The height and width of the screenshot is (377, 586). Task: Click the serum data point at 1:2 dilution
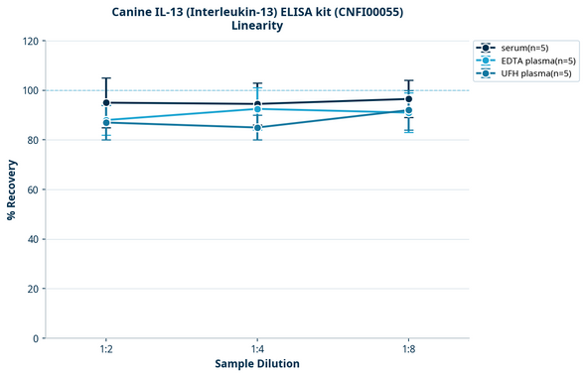coord(106,102)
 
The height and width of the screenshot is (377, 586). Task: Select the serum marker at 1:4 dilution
coord(257,104)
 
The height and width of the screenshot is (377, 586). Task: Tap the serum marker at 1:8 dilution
coord(408,98)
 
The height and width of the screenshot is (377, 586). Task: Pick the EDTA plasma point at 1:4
coord(257,109)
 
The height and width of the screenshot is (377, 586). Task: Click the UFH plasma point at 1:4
coord(257,127)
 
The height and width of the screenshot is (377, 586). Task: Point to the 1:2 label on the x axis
coord(106,350)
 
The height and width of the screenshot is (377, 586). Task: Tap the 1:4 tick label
coord(257,350)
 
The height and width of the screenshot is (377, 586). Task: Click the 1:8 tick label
coord(408,350)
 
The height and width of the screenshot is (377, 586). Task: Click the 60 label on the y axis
coord(33,189)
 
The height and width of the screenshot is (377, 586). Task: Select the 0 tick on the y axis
coord(36,338)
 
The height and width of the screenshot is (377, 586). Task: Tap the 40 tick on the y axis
coord(33,239)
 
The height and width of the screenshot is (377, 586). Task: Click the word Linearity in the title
coord(256,26)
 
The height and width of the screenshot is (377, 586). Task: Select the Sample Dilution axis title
coord(257,364)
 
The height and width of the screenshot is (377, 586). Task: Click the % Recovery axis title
coord(12,188)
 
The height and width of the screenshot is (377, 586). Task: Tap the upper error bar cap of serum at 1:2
coord(106,77)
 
